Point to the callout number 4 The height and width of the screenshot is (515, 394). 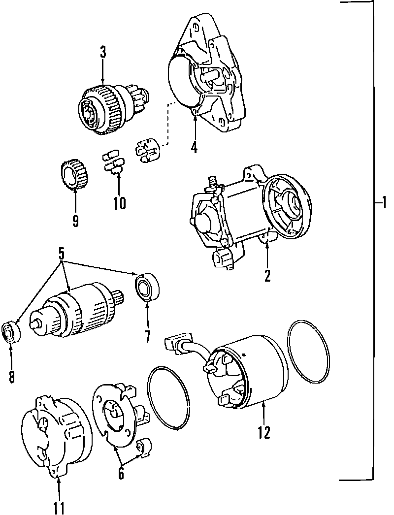195,147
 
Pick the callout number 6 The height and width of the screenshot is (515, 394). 121,473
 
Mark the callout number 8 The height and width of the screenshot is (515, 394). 11,377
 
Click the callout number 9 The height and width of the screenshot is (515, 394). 75,221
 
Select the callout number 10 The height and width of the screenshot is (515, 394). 119,203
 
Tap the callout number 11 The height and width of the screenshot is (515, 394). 59,507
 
